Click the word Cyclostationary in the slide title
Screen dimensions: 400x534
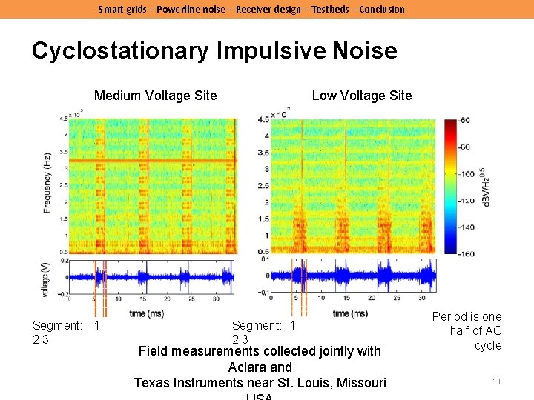click(x=120, y=51)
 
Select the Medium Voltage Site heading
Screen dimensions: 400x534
click(x=155, y=95)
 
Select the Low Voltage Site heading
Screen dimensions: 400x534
click(x=361, y=95)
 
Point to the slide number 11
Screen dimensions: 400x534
click(x=497, y=381)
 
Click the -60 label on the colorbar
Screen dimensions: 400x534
click(x=465, y=120)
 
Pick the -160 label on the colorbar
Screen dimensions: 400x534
click(x=467, y=254)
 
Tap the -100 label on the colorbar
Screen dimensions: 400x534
click(x=467, y=174)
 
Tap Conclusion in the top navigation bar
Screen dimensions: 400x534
click(x=382, y=9)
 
